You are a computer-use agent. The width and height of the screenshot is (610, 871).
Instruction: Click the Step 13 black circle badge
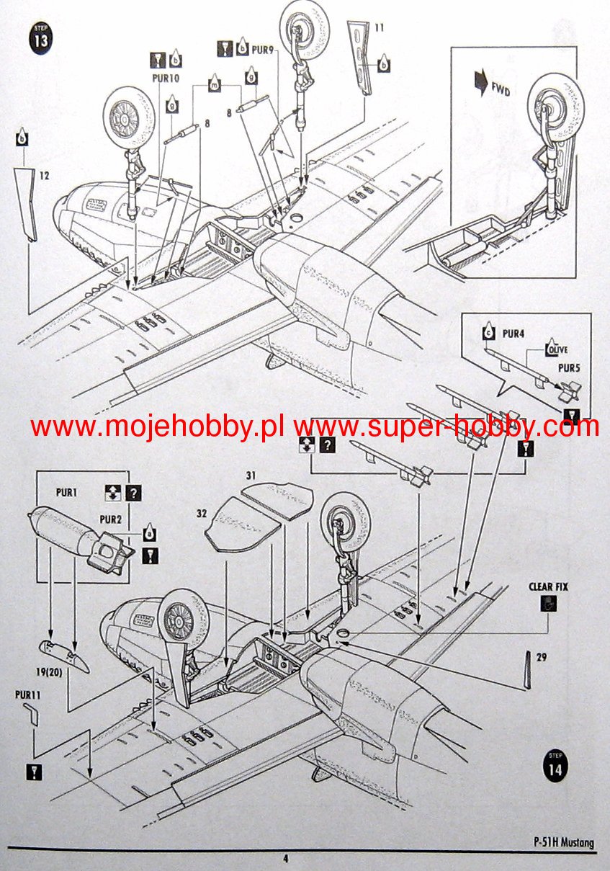pos(42,38)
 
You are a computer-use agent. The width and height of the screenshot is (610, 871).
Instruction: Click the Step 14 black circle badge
pos(555,765)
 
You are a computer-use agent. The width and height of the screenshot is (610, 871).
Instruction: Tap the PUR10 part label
pos(166,79)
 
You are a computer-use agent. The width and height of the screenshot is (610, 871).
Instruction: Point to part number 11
pos(379,28)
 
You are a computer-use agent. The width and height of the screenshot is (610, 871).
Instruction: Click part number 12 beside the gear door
pos(45,174)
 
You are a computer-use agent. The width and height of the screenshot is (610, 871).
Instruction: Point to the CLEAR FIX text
pos(548,586)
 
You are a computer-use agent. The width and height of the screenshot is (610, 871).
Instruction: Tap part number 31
pos(250,475)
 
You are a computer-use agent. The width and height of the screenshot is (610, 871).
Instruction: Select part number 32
pos(203,512)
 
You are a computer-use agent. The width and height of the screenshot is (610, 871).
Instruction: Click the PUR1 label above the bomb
pos(68,493)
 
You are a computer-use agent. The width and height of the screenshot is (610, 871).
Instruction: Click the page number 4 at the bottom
pos(285,858)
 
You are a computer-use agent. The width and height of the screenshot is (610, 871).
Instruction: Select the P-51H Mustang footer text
pos(564,843)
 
